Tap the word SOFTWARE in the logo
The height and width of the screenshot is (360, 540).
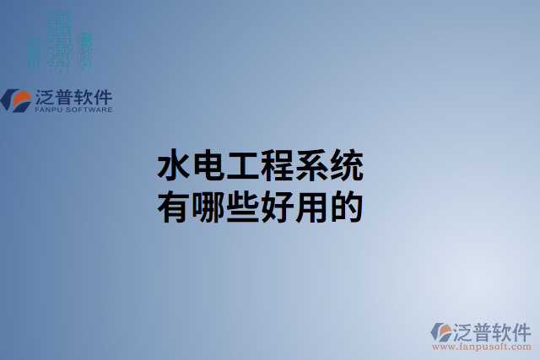[88, 110]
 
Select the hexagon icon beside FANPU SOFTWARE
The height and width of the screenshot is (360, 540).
[16, 99]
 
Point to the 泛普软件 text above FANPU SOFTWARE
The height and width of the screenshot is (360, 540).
[74, 96]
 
